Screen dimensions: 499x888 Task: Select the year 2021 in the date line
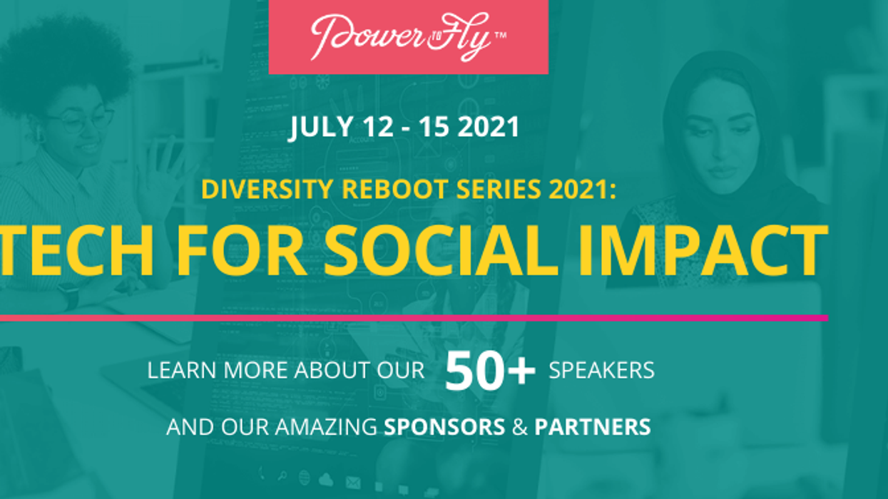(489, 128)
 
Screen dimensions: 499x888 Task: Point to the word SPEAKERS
(602, 371)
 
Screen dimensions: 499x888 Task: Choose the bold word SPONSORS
(444, 426)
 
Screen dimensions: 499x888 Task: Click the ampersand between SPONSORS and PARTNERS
(520, 426)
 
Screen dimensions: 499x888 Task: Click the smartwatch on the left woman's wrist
(69, 295)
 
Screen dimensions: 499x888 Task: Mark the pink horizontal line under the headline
(414, 317)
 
